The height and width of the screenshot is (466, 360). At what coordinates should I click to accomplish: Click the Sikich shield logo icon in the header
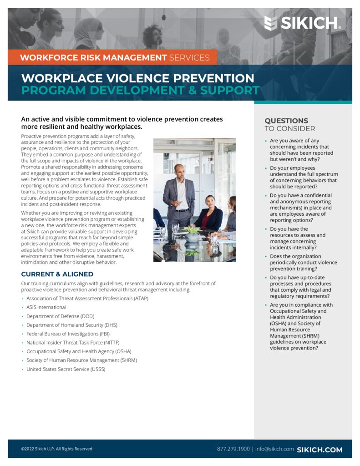tap(270, 23)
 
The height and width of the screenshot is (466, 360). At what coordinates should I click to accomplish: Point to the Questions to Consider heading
tap(289, 124)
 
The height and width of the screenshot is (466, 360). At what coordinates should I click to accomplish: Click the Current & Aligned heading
tap(57, 274)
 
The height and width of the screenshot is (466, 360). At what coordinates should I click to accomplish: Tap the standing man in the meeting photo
tap(179, 196)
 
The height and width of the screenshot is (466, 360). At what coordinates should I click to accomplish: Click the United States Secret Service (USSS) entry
tap(66, 369)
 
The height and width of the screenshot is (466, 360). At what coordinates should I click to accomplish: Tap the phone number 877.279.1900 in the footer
tap(233, 449)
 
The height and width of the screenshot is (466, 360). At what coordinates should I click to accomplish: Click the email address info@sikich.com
tap(274, 449)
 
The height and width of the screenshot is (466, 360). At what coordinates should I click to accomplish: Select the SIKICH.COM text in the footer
tap(319, 450)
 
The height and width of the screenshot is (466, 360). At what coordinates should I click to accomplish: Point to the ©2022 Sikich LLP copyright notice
tap(57, 449)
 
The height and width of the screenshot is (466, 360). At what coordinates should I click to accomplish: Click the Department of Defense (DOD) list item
tap(60, 316)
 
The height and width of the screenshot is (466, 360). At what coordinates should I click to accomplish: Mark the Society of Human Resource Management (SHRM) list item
tap(81, 360)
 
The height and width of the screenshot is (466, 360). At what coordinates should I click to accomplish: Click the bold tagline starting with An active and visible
tap(122, 123)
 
